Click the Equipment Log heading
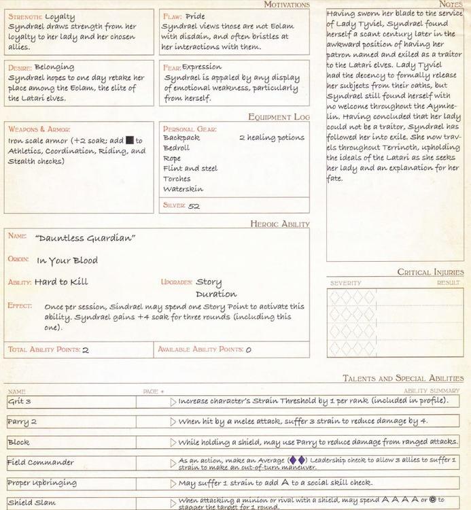(x=279, y=117)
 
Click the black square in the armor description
(x=129, y=141)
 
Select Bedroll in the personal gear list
(x=177, y=148)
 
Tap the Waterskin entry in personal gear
(x=183, y=189)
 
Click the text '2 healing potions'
(x=272, y=137)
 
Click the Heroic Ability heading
(x=279, y=224)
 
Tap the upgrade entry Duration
(x=216, y=294)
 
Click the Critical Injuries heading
(x=430, y=272)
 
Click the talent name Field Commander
(x=41, y=463)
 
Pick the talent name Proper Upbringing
(x=42, y=483)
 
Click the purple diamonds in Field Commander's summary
(x=297, y=460)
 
